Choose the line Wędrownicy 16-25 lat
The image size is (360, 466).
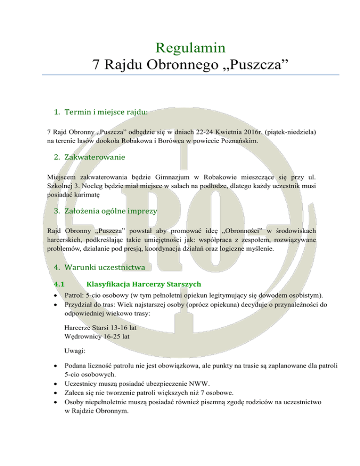tap(96, 337)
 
